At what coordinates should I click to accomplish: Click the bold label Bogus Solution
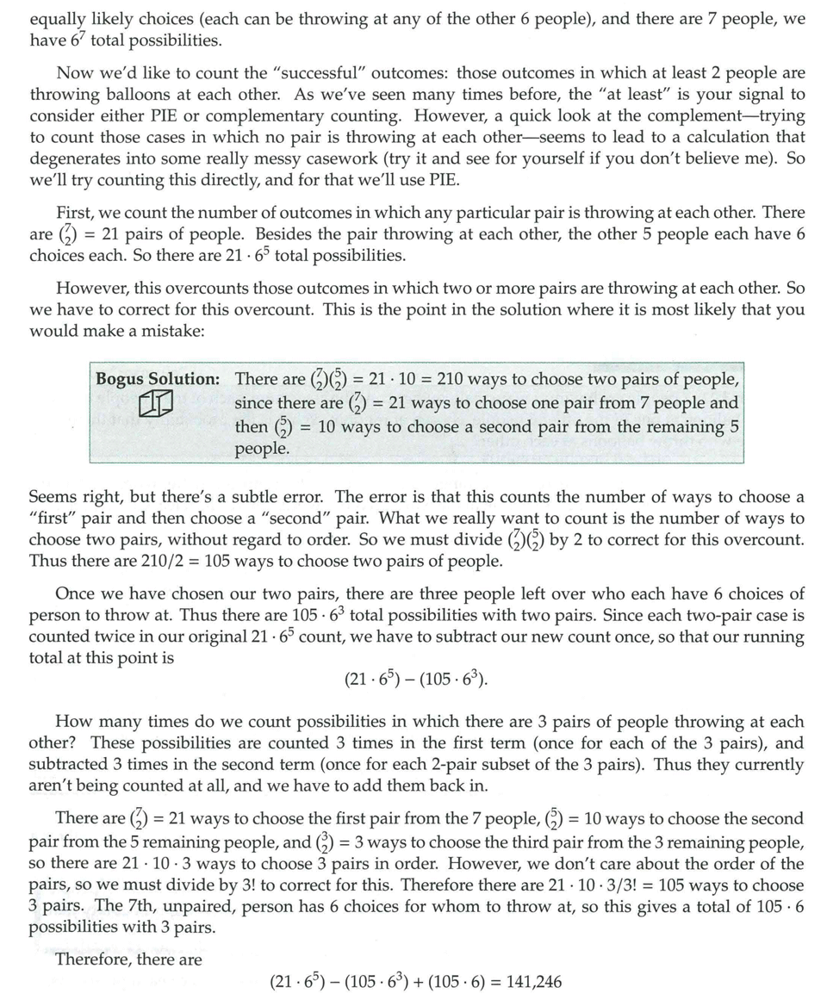click(x=157, y=380)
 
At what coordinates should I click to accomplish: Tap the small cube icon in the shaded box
click(x=157, y=403)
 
